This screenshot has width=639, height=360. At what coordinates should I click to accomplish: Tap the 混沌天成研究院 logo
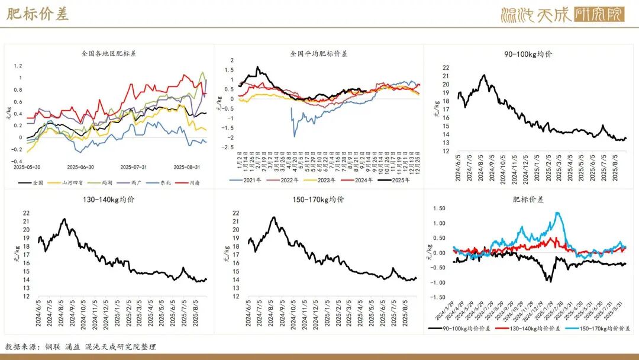562,14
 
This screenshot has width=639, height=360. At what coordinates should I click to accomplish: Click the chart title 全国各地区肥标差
109,53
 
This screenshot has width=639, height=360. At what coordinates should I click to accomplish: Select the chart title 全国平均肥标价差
319,53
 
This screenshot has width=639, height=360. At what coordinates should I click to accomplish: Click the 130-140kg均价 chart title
109,200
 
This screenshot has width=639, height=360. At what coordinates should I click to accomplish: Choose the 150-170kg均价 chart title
320,200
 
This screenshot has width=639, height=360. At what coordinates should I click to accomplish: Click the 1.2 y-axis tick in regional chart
18,66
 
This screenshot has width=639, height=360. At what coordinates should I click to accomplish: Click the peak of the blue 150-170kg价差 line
558,213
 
